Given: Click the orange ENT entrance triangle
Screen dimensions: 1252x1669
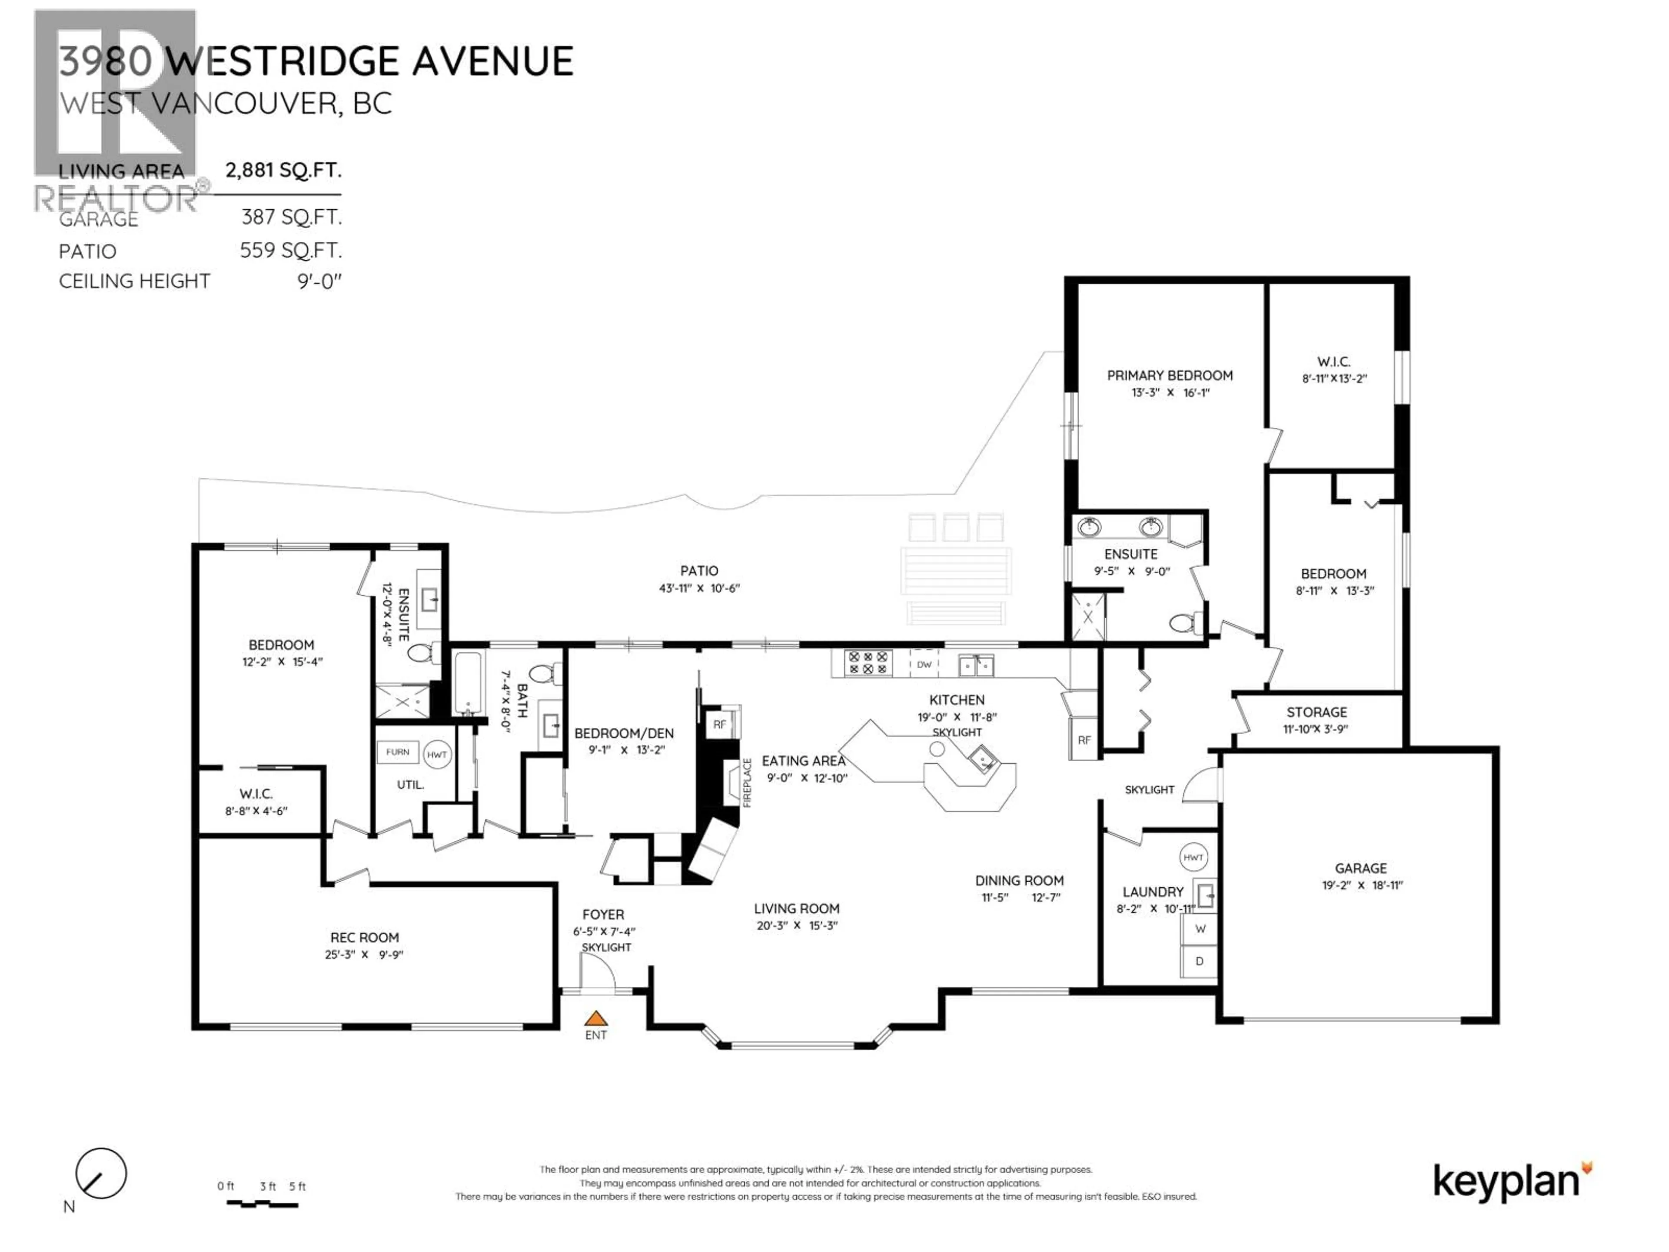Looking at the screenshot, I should coord(595,1018).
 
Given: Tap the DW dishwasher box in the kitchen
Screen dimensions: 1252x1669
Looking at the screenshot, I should coord(924,664).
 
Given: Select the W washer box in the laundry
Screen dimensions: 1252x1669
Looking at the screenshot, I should coord(1200,929).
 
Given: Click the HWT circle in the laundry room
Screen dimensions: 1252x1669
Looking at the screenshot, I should coord(1193,857).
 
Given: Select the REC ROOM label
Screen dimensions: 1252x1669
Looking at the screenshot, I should coord(364,937).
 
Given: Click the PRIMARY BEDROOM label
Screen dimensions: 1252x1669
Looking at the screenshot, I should coord(1170,375).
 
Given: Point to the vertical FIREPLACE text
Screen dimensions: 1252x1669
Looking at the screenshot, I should coord(748,782).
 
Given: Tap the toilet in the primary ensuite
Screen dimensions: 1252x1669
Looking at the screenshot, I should coord(1184,623).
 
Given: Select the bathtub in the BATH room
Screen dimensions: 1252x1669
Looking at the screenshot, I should coord(468,683).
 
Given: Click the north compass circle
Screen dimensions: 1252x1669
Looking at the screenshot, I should coord(101,1173).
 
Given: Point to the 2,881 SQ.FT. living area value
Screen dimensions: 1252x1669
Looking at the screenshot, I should coord(283,170).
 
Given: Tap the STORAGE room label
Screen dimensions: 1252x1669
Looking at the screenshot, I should coord(1317,712).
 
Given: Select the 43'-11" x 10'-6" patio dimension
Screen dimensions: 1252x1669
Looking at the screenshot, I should coord(699,588).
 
